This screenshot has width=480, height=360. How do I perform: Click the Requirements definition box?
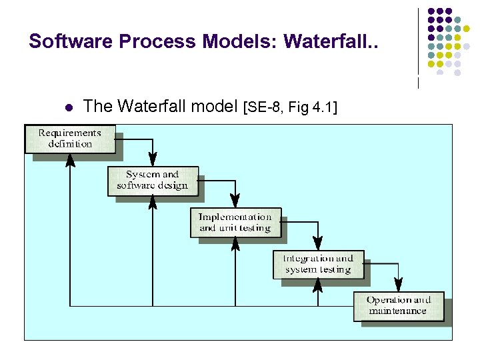click(70, 139)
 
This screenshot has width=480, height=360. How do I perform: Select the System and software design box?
click(153, 181)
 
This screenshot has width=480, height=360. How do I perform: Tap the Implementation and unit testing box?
click(235, 222)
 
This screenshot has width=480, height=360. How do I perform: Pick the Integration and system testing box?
click(318, 264)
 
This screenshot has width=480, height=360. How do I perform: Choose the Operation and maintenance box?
click(398, 305)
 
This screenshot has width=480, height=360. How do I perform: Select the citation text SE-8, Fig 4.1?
click(292, 107)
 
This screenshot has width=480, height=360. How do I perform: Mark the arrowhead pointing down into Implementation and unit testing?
click(235, 201)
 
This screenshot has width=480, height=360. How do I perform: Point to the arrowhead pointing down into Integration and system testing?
click(318, 243)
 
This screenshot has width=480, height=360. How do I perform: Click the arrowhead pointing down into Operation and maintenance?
click(398, 285)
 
